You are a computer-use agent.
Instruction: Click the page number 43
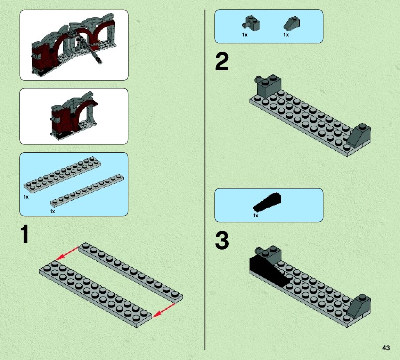click(386, 348)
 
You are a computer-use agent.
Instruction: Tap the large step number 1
click(24, 235)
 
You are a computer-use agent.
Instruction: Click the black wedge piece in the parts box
click(267, 202)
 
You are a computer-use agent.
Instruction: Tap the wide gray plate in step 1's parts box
click(62, 174)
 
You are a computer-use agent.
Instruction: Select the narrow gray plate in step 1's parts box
click(87, 191)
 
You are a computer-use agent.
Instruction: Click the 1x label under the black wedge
click(256, 216)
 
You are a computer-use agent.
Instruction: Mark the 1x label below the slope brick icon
click(286, 35)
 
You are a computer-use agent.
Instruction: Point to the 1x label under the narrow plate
click(52, 211)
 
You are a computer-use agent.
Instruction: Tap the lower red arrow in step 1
click(164, 310)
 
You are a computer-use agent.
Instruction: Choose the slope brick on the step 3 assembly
click(359, 307)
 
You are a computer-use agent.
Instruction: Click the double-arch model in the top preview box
click(74, 45)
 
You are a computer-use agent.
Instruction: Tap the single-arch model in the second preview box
click(73, 116)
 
